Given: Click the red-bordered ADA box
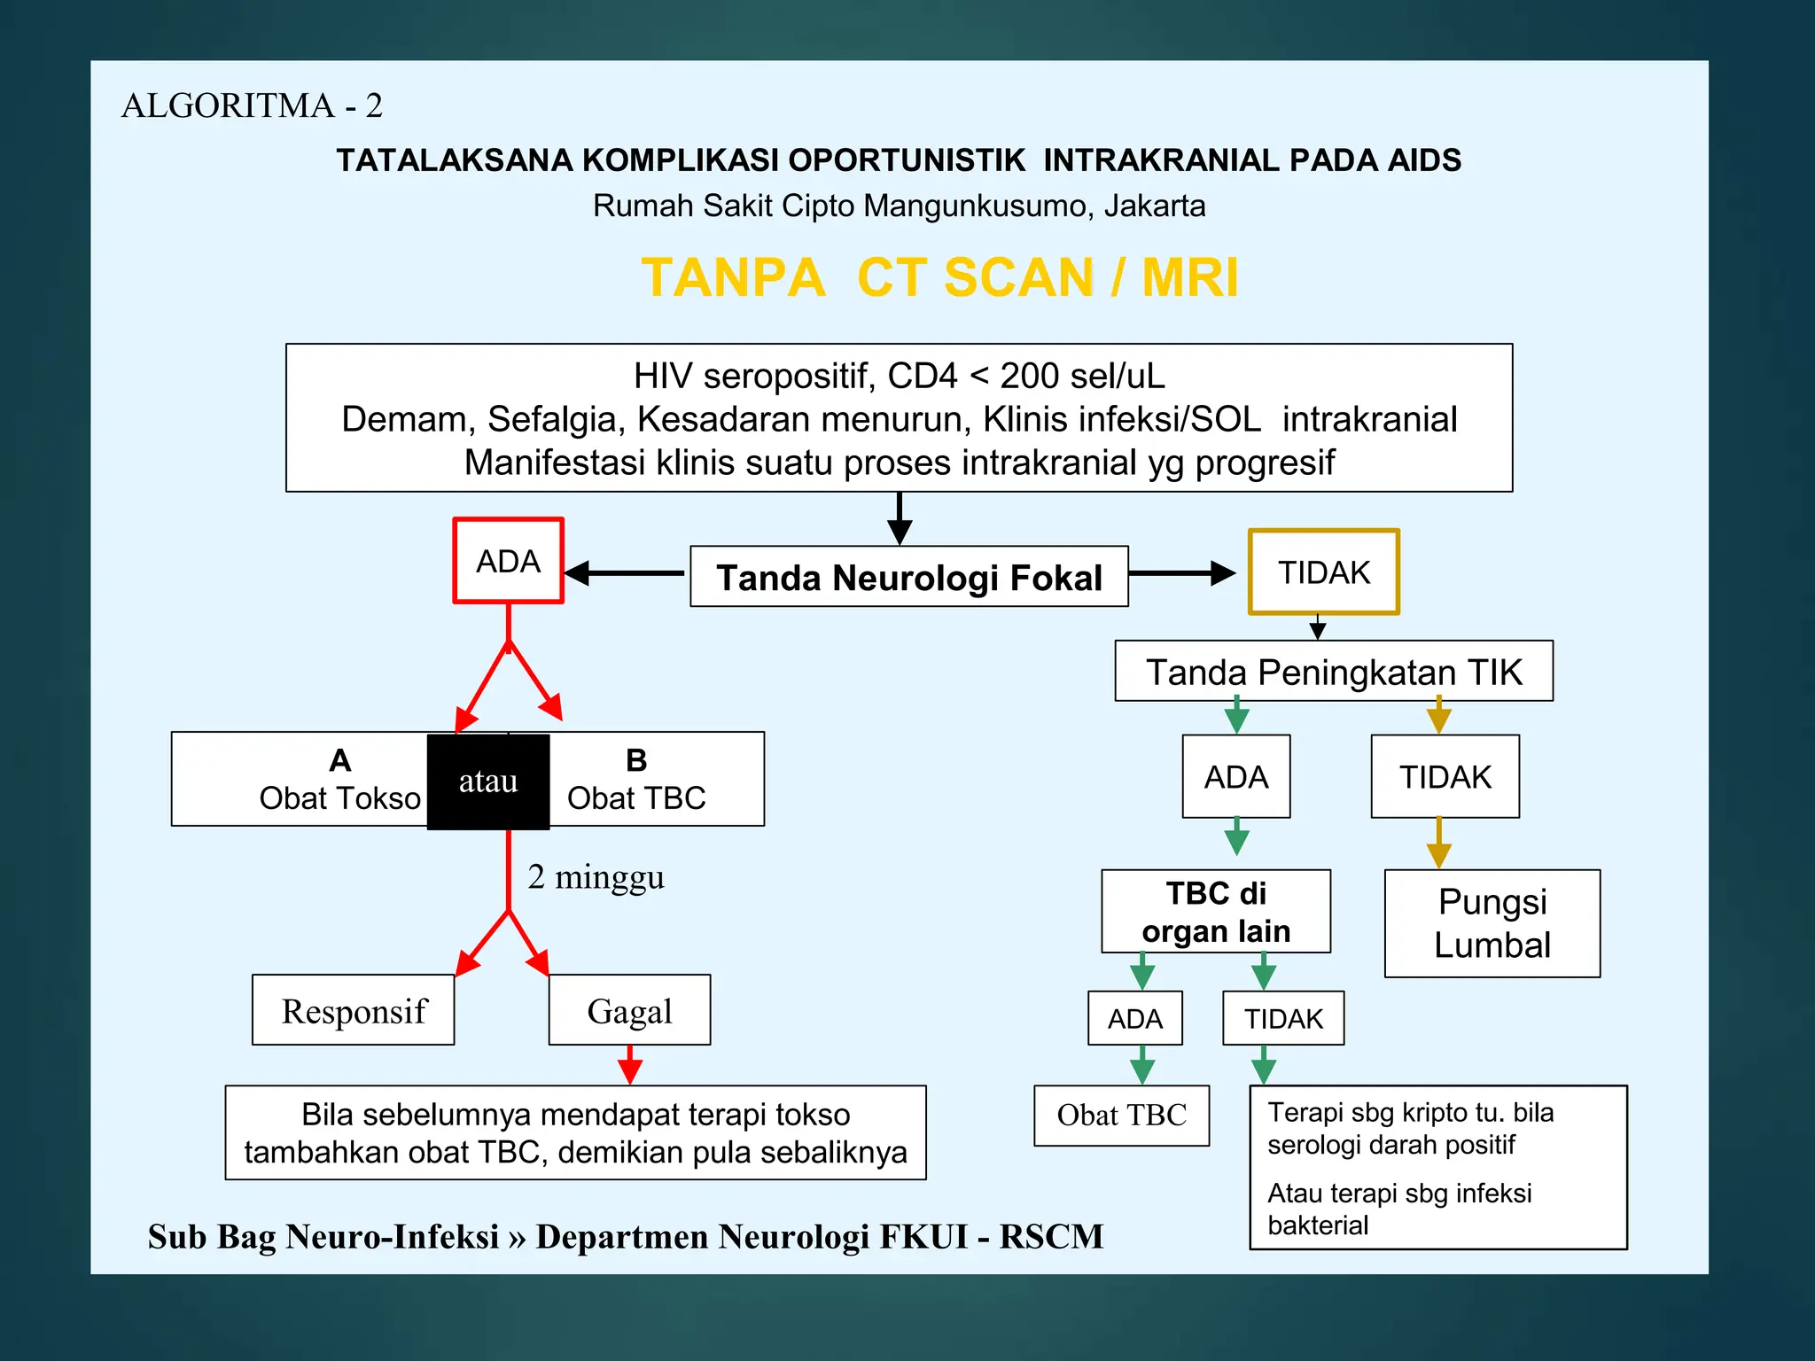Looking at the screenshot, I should point(508,561).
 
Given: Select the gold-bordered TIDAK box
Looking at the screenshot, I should point(1323,572).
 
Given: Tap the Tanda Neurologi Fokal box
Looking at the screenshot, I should point(908,577).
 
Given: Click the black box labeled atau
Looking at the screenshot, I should point(488,782).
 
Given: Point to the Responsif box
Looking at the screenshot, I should point(354,1010).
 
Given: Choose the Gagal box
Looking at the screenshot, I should point(629,1010).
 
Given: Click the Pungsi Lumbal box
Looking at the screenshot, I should point(1492,923).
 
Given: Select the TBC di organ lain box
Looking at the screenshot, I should point(1215,912).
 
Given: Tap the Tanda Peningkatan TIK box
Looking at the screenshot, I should point(1333,672).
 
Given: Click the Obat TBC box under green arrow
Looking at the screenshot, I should point(1121,1115).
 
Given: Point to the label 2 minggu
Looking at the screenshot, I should point(596,876).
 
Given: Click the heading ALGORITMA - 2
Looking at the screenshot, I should point(252,105).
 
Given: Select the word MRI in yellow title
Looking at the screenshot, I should point(1189,277).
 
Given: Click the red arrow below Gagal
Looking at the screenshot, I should point(629,1066).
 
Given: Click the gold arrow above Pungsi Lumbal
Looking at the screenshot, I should point(1438,844).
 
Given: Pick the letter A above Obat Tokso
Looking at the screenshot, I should point(340,760).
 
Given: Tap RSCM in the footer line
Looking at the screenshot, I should point(1051,1236).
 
